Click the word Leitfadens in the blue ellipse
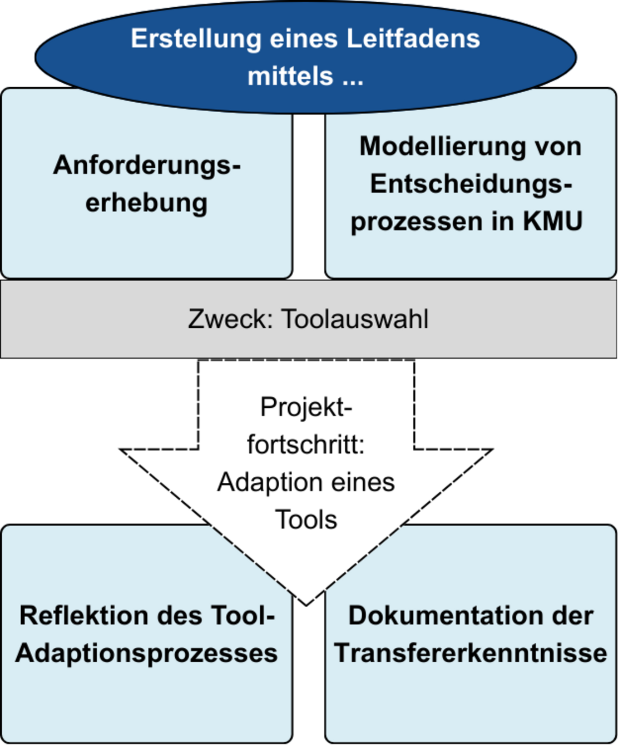click(413, 39)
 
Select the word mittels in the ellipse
click(290, 76)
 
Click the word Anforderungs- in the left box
click(147, 165)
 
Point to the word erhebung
click(146, 202)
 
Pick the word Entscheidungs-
click(471, 183)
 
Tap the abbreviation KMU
click(552, 221)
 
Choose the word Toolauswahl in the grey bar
click(355, 319)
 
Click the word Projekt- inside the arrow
click(306, 407)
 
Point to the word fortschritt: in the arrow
click(306, 444)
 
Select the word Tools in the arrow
click(306, 520)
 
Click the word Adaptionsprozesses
click(146, 653)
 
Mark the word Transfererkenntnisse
click(471, 653)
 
